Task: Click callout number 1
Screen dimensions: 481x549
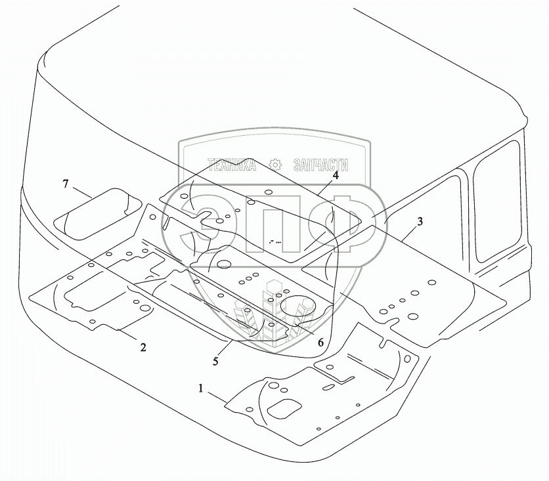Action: pos(201,388)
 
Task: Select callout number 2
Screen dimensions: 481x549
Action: pos(143,347)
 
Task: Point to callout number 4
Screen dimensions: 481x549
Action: pos(335,175)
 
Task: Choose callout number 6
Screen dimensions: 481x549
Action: pos(320,342)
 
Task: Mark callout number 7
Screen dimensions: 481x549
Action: pos(66,184)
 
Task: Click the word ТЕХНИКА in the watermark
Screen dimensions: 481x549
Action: pos(231,165)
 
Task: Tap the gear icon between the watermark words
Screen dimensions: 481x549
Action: pos(276,164)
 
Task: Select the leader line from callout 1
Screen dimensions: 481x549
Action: pos(217,396)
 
